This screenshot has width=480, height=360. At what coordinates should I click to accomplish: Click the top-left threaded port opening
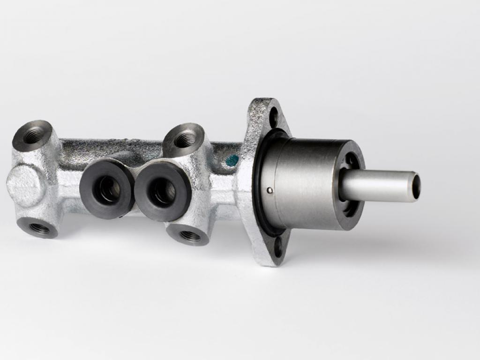[33, 135]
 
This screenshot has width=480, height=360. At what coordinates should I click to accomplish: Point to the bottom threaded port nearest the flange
[189, 235]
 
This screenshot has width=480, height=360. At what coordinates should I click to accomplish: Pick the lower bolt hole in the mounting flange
[278, 247]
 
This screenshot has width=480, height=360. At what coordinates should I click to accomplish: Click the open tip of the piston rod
[415, 186]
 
